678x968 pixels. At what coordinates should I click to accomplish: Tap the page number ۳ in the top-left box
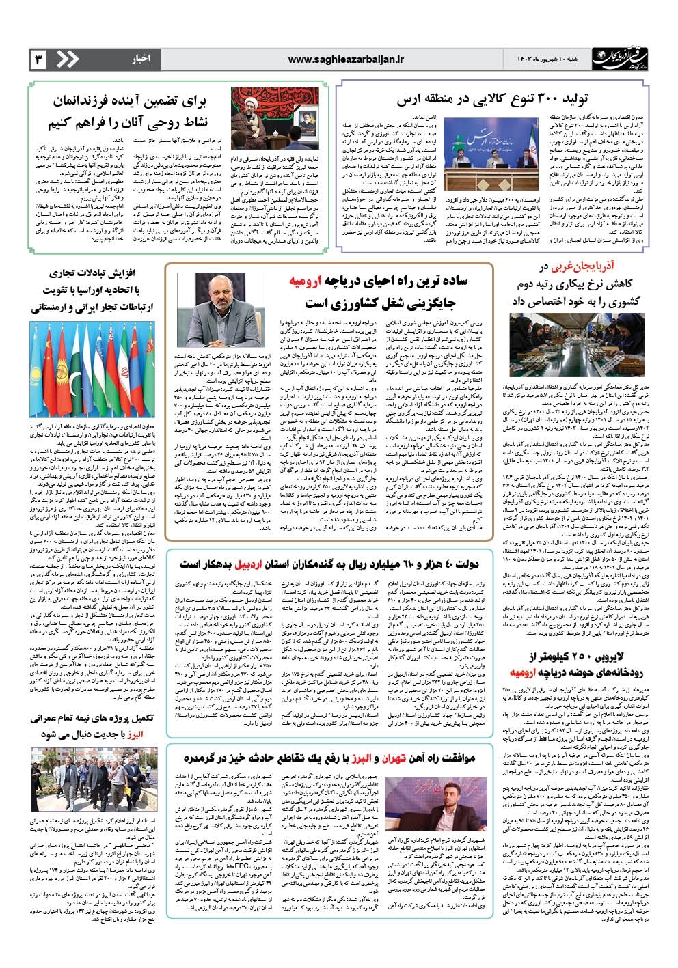(38, 60)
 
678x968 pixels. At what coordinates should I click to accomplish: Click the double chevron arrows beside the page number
(67, 60)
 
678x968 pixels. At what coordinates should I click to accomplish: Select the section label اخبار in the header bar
(141, 60)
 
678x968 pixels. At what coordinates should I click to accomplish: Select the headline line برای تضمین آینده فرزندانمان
(130, 102)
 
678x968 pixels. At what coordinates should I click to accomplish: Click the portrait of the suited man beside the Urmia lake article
(230, 310)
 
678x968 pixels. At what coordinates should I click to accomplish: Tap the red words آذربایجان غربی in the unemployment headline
(577, 266)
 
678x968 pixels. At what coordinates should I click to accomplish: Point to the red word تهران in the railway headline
(394, 758)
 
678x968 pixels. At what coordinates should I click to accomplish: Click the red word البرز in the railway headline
(361, 758)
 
